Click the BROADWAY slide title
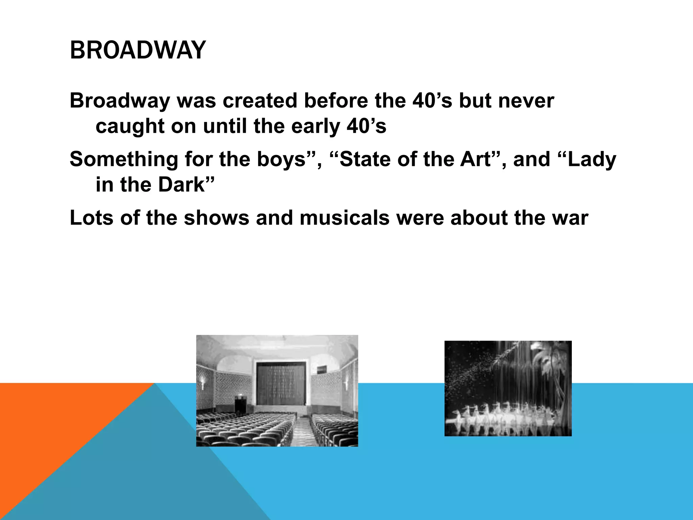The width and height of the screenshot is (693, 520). pos(137,50)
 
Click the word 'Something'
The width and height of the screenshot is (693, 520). pos(124,159)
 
